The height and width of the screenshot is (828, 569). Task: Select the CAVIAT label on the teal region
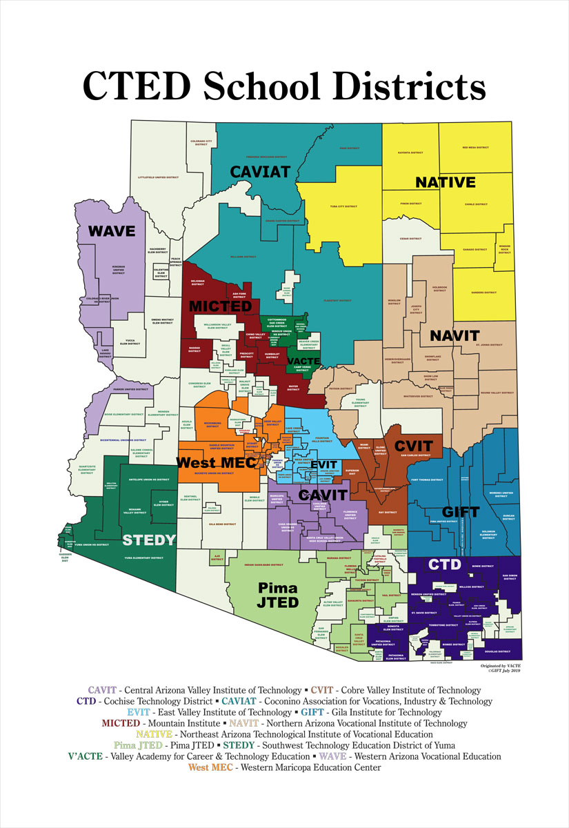(x=259, y=171)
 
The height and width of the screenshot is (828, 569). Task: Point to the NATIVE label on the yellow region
(x=445, y=183)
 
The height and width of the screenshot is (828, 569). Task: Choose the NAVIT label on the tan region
(x=454, y=336)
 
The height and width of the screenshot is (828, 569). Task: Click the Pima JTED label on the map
(x=278, y=595)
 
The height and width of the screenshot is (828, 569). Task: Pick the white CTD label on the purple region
(x=445, y=564)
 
